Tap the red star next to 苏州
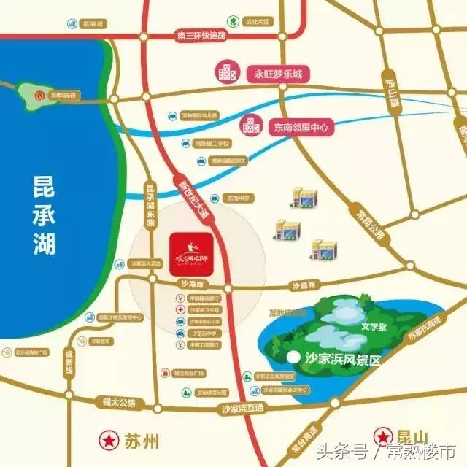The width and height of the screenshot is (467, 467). coord(109,441)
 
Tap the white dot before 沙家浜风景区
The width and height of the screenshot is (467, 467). coord(294,358)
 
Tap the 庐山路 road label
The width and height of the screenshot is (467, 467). coord(393,93)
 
